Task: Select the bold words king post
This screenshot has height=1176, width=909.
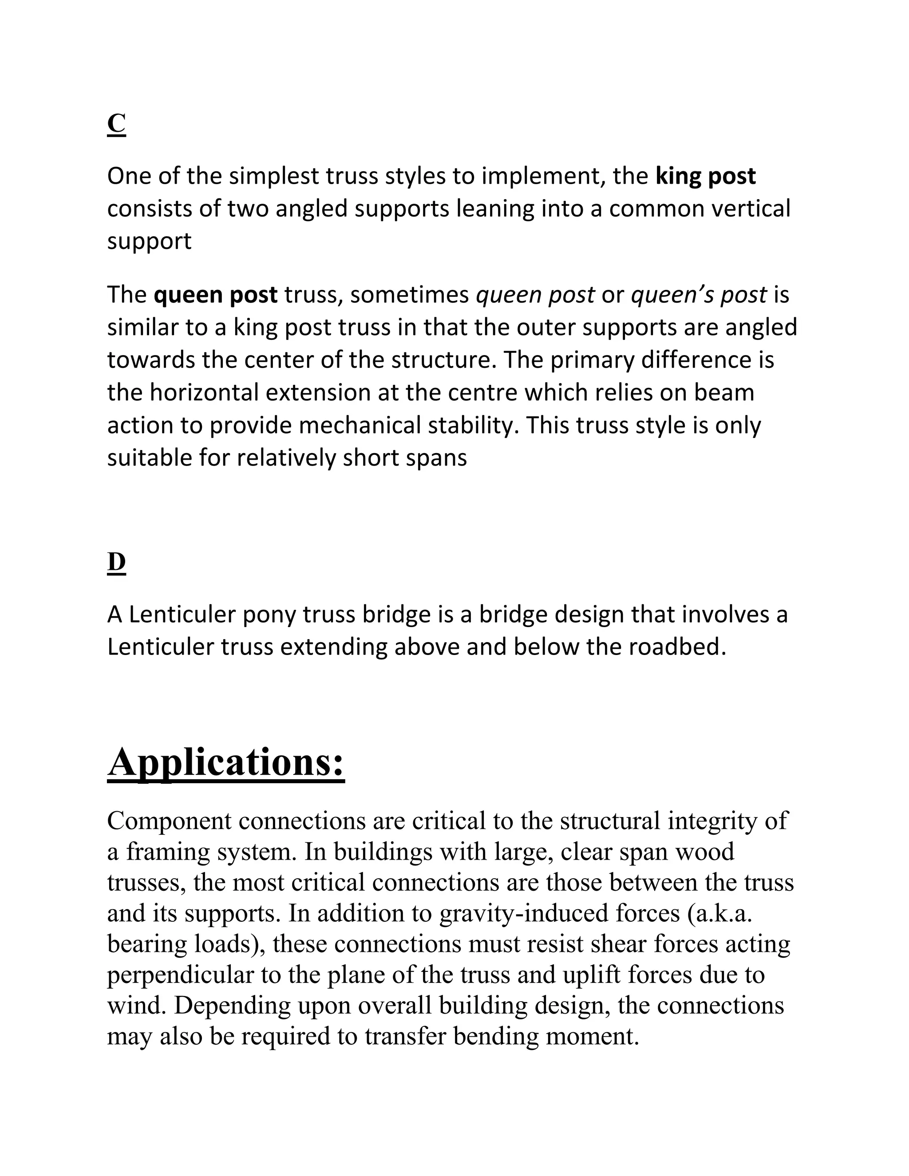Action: point(705,177)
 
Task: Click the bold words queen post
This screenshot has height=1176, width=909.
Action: point(215,295)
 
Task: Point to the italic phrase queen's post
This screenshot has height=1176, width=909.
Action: point(699,295)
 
